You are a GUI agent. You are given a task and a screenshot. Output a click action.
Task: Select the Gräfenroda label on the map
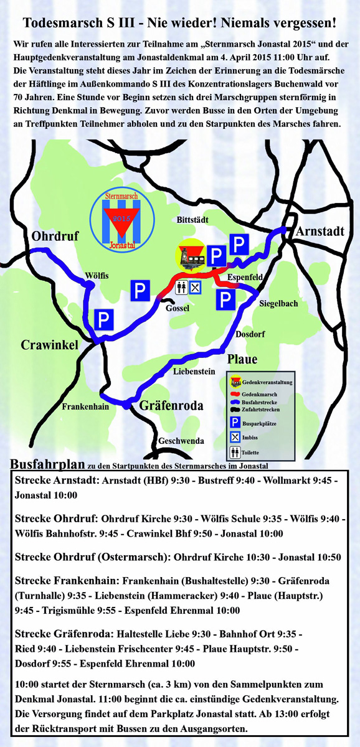click(x=171, y=406)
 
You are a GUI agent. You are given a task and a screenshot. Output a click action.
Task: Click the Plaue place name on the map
click(x=242, y=359)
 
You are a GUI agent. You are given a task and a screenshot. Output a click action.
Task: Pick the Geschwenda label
click(x=181, y=441)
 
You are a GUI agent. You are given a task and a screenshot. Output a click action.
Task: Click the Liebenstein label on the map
click(x=194, y=372)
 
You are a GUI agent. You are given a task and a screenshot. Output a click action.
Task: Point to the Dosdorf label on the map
click(x=250, y=334)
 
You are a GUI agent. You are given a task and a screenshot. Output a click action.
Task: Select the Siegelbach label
click(x=278, y=304)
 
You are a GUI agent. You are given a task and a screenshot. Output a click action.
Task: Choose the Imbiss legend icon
click(x=235, y=438)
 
